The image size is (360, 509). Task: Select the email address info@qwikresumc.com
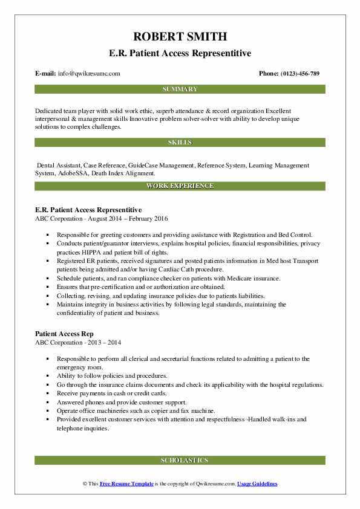click(88, 74)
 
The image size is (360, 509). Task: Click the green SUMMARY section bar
click(180, 89)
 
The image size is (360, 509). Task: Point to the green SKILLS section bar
click(180, 143)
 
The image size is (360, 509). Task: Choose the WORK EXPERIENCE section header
click(180, 186)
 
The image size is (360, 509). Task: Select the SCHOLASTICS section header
click(180, 461)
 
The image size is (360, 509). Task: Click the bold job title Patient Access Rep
click(65, 334)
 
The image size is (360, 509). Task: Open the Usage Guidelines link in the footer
click(257, 484)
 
